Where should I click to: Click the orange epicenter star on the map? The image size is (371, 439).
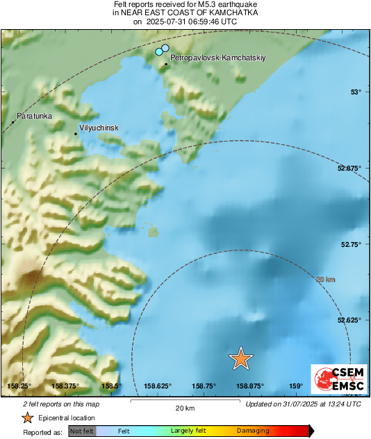(x=240, y=358)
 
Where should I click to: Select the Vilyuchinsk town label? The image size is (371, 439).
(x=99, y=128)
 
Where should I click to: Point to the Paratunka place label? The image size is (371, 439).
(x=34, y=117)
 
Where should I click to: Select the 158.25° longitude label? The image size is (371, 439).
(x=19, y=386)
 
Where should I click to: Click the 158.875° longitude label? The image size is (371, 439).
(x=249, y=386)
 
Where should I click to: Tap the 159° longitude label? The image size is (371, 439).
(x=295, y=386)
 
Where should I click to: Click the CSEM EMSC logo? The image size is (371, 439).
(x=338, y=380)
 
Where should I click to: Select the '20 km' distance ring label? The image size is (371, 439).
(x=325, y=279)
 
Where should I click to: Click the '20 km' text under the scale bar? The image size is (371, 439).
(x=184, y=408)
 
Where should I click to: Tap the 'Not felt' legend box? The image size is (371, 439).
(x=82, y=431)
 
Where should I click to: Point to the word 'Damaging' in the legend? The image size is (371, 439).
(x=253, y=431)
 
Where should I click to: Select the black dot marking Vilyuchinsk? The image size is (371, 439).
(x=76, y=134)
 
